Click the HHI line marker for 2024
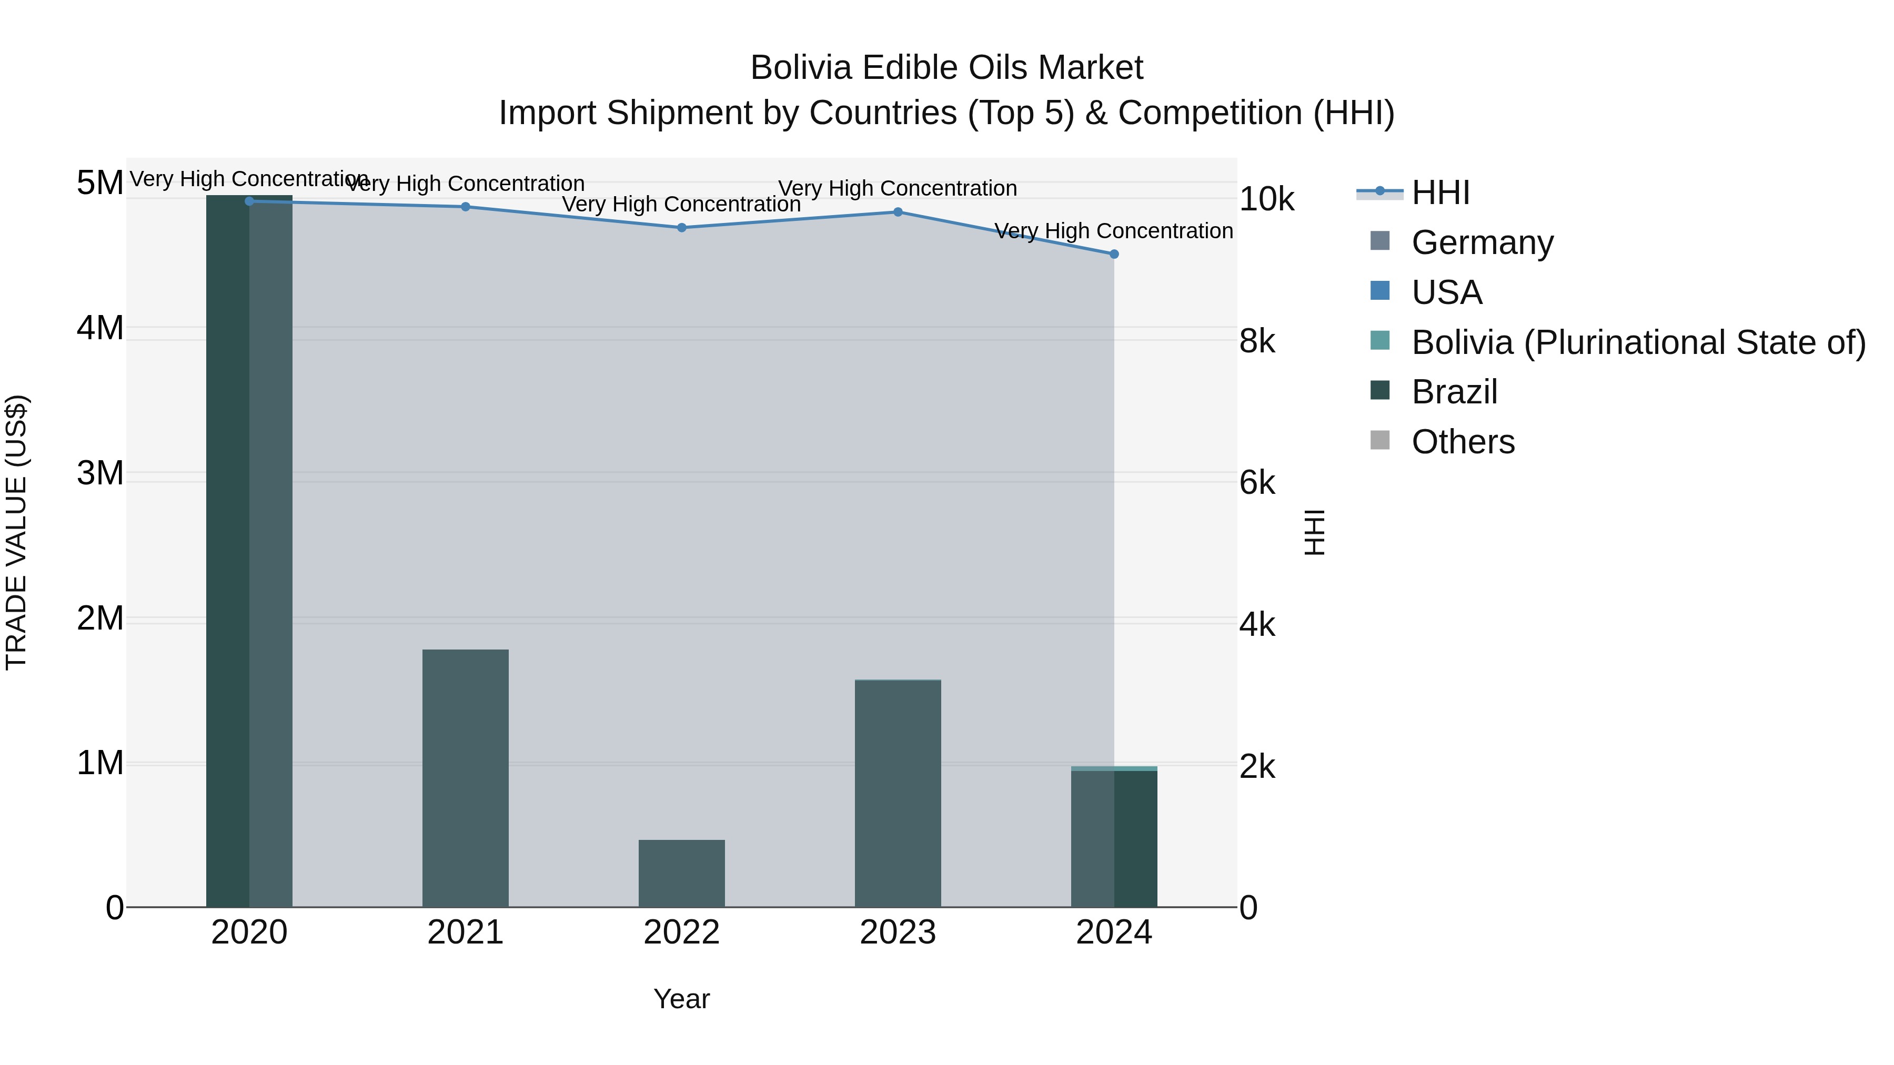[1114, 255]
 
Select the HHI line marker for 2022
[681, 228]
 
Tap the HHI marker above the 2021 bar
[466, 207]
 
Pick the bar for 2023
[898, 793]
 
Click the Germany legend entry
[1482, 242]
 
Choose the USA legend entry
[1446, 292]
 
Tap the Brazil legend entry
[1454, 392]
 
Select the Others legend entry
[1463, 442]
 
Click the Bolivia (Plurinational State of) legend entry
[1638, 342]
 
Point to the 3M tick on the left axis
[100, 473]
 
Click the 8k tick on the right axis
[1257, 341]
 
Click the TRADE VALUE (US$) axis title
[16, 532]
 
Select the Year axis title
[681, 999]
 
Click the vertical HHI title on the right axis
[1314, 532]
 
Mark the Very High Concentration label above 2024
[1114, 231]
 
